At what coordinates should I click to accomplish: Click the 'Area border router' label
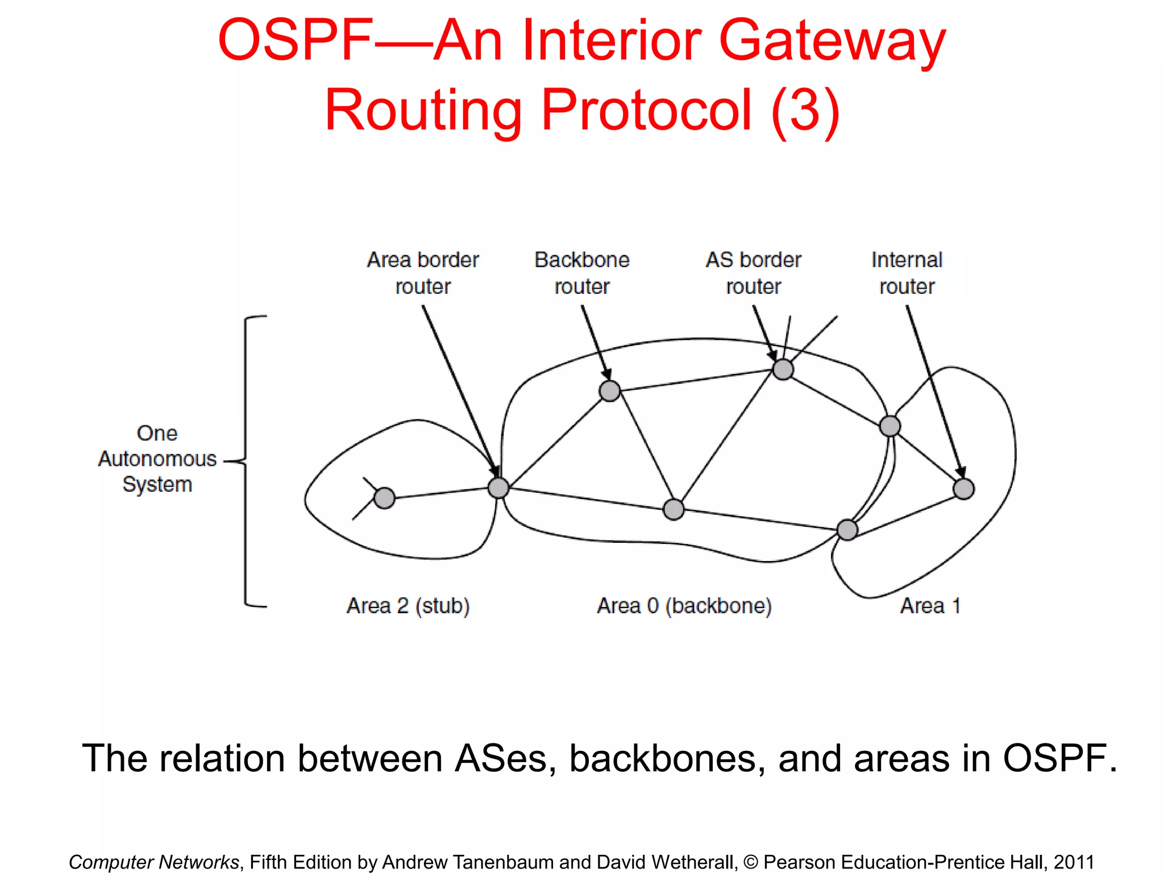[423, 273]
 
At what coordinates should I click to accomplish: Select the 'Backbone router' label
[582, 273]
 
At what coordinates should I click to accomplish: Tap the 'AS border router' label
[754, 273]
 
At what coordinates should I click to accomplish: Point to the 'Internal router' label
[907, 273]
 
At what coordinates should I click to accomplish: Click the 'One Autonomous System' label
[157, 459]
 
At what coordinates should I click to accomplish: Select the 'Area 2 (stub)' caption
[408, 606]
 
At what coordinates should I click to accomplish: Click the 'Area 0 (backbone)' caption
[684, 606]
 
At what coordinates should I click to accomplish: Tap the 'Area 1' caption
[930, 606]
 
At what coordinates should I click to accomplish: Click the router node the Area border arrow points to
[498, 488]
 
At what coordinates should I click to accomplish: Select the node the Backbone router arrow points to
[610, 391]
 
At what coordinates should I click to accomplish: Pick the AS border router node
[783, 369]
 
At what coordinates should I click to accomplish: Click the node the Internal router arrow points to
[964, 489]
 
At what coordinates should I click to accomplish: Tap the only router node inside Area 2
[385, 498]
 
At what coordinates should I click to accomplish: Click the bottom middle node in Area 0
[674, 509]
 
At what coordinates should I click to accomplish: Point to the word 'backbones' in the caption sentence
[667, 759]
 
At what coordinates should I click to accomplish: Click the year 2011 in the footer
[1074, 862]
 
